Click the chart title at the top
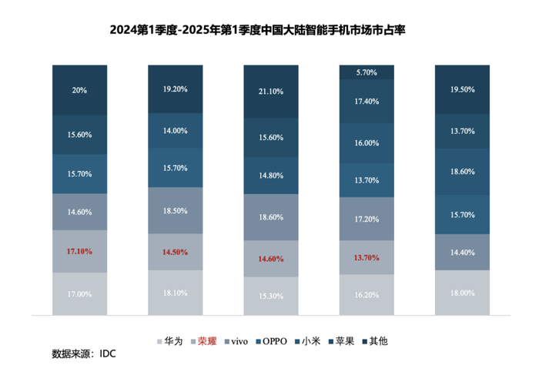(269, 30)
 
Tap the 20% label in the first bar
(79, 90)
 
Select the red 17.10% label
(79, 251)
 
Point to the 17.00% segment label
(79, 294)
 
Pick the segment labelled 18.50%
(175, 210)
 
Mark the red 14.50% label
(175, 252)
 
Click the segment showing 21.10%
(271, 92)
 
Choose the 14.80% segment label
(271, 174)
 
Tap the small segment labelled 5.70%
(367, 72)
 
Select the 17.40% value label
(367, 101)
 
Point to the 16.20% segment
(367, 294)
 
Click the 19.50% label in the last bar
(462, 89)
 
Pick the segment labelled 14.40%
(462, 252)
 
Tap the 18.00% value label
(462, 293)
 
